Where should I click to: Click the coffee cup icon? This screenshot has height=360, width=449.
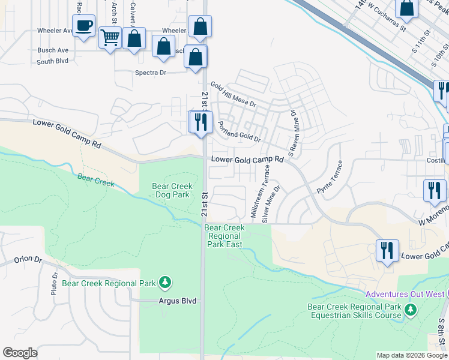pyautogui.click(x=83, y=26)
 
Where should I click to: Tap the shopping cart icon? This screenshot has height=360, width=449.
pyautogui.click(x=110, y=38)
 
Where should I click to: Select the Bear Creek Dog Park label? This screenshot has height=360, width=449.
pyautogui.click(x=172, y=190)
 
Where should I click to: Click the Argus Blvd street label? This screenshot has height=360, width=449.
pyautogui.click(x=178, y=301)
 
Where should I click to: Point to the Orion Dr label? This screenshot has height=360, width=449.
pyautogui.click(x=28, y=260)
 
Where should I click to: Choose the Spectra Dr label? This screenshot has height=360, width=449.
pyautogui.click(x=150, y=72)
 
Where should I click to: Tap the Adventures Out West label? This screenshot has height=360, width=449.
pyautogui.click(x=405, y=294)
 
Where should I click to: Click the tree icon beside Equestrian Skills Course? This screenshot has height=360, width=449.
pyautogui.click(x=411, y=310)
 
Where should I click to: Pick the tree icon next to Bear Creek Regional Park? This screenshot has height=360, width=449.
pyautogui.click(x=166, y=283)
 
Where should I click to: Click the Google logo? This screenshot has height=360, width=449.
pyautogui.click(x=20, y=353)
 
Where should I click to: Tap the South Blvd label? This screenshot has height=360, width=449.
pyautogui.click(x=52, y=61)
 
